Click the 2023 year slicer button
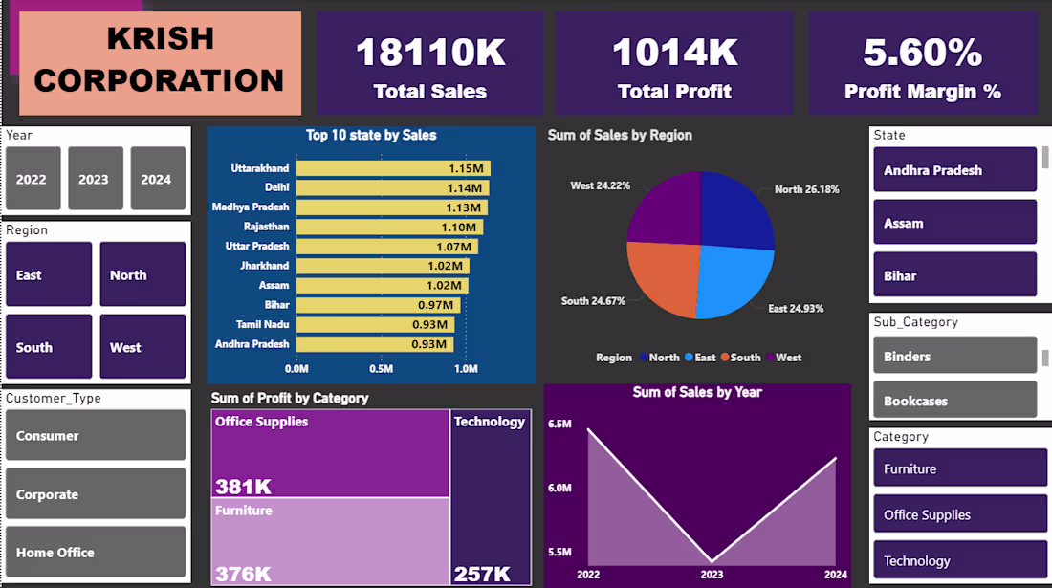point(95,179)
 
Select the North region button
point(142,274)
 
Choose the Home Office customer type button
point(96,552)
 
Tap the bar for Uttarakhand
point(393,168)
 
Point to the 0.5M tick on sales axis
point(382,369)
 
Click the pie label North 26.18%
point(806,189)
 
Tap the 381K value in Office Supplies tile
point(243,485)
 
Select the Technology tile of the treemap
point(490,497)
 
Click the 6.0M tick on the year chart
point(559,488)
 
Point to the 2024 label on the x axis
point(836,575)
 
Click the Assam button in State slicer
point(954,223)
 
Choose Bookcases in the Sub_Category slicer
point(954,401)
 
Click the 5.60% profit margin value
point(922,54)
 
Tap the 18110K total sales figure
point(430,54)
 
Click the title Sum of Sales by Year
point(697,392)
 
